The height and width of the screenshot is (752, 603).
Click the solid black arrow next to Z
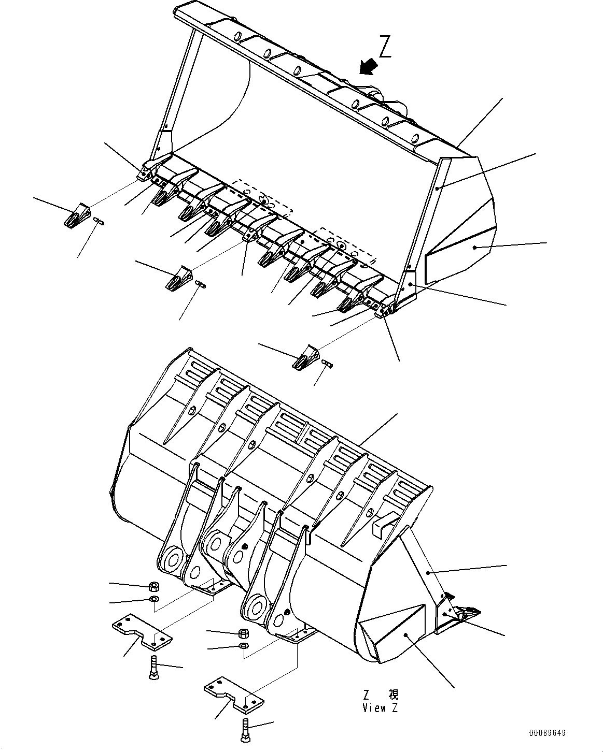point(369,66)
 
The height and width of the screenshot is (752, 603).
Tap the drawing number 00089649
point(548,733)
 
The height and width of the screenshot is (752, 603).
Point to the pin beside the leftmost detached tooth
point(99,222)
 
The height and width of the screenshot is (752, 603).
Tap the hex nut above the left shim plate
point(153,587)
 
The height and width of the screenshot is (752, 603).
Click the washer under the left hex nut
point(153,599)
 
